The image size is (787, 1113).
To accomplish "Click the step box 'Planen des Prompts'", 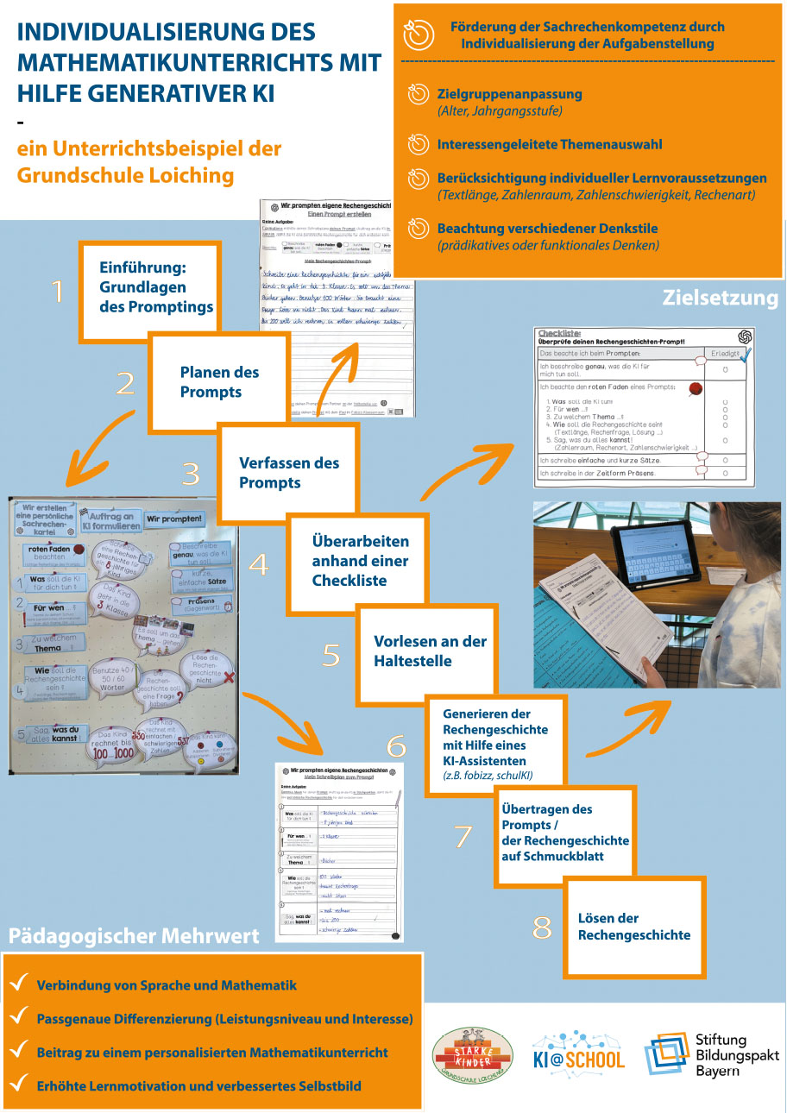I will coord(219,382).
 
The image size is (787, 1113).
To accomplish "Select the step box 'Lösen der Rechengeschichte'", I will coord(634,927).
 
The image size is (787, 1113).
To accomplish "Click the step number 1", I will coord(58,292).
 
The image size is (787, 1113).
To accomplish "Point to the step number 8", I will coord(542,927).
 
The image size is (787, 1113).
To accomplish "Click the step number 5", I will coord(332,655).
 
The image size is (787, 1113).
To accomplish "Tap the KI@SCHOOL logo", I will coord(578,1051).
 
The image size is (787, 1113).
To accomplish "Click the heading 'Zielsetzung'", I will coord(720,299).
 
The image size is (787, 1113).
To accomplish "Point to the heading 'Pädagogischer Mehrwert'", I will coord(134,935).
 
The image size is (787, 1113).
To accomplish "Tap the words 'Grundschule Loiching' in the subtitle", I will coord(125,176).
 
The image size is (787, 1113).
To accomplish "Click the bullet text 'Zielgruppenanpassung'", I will coord(509,94).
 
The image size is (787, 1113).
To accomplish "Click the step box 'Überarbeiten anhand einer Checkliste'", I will coord(357,561).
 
